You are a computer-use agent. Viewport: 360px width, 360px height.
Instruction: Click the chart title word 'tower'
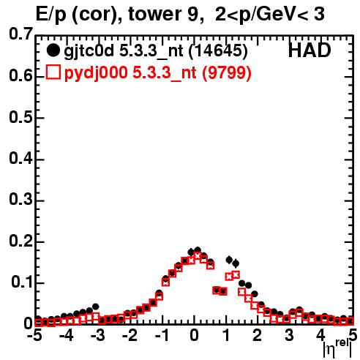155,14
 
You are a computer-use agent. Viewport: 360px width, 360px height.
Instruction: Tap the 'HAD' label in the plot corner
310,50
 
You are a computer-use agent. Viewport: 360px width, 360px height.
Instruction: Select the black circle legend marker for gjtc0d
53,50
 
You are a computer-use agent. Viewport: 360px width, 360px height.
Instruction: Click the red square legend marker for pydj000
53,72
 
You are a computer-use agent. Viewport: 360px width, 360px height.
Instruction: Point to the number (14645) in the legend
218,51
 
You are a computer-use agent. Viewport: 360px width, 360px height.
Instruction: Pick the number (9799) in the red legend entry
227,72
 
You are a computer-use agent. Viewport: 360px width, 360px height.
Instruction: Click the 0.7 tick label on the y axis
20,34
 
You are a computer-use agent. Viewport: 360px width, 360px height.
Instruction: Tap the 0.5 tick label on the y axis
20,117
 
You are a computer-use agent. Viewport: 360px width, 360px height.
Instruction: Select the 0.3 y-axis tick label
20,200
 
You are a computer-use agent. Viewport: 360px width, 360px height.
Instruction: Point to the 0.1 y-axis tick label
22,282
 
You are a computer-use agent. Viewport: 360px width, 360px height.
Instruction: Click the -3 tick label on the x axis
98,335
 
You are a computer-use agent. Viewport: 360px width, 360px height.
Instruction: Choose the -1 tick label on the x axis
162,335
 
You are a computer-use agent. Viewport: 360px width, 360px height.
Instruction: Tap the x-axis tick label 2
258,335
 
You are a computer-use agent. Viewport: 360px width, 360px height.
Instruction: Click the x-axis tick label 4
320,335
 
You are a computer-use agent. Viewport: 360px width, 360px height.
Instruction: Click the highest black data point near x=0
198,250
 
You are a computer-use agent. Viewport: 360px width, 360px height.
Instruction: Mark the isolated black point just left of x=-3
96,307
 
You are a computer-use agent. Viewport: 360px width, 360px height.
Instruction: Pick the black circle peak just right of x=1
229,260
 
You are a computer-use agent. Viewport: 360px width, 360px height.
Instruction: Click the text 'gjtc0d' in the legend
89,52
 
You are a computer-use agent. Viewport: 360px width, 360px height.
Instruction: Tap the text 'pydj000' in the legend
96,73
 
